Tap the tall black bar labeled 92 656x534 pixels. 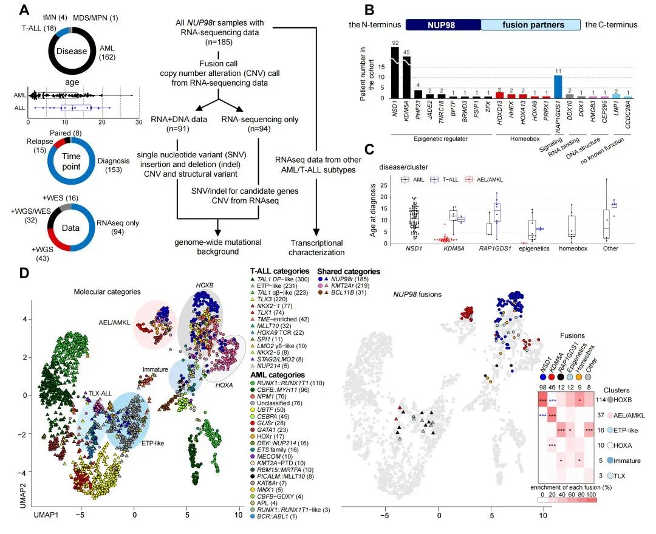(x=395, y=72)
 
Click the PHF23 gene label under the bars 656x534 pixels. (x=419, y=111)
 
